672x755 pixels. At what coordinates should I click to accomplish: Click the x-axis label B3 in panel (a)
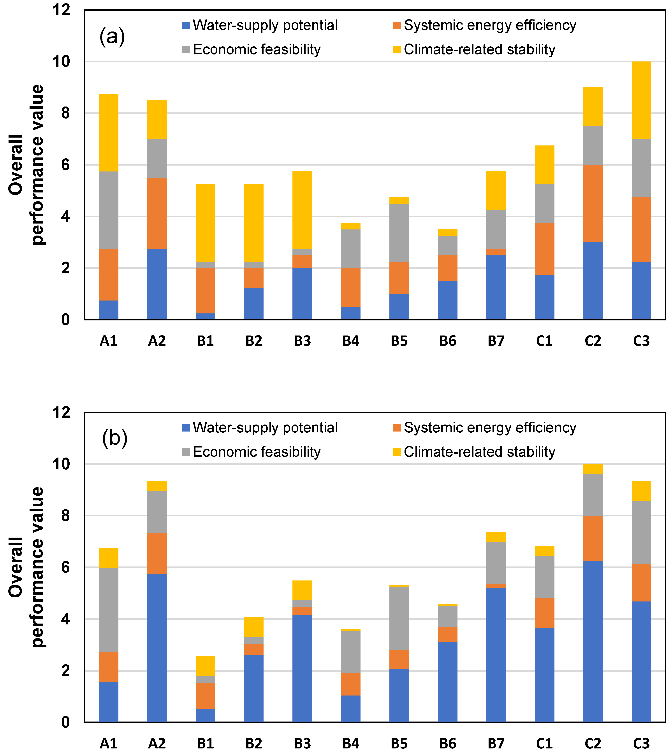(302, 341)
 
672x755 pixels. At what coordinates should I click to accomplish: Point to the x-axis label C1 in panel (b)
(544, 743)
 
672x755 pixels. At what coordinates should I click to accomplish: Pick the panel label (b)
(114, 439)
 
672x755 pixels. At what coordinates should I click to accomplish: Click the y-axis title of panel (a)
(26, 164)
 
